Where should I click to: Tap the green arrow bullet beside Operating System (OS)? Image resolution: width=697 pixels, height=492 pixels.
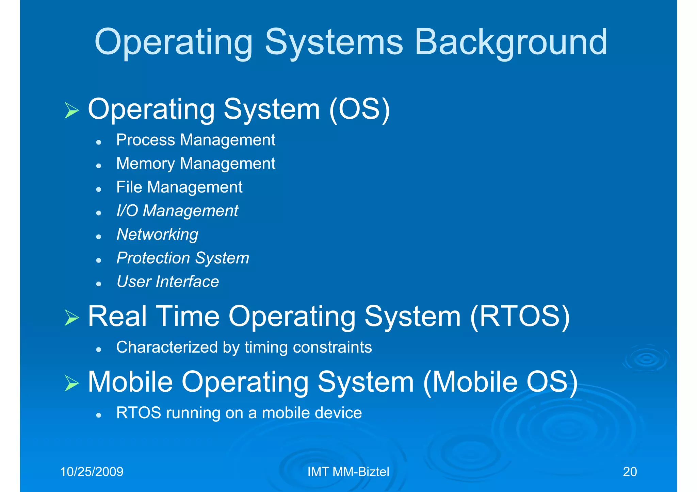(71, 111)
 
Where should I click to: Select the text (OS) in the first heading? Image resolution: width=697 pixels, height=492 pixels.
(359, 109)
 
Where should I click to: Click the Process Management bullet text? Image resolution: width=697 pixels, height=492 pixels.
(196, 140)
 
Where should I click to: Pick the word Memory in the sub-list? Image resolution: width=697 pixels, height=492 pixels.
(145, 164)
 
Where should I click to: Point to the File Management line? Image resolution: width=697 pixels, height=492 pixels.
(179, 187)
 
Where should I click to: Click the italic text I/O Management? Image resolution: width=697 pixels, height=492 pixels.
(177, 211)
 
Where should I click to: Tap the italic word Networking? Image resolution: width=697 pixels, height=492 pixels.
(157, 235)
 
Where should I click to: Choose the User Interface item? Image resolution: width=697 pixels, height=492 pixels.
(168, 282)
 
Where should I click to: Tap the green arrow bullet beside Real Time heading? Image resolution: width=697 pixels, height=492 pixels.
(71, 318)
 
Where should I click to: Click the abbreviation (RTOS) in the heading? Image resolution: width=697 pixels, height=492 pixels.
(520, 317)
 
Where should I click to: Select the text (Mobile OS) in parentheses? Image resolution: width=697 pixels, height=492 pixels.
(500, 382)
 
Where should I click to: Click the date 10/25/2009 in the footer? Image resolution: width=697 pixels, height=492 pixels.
(92, 472)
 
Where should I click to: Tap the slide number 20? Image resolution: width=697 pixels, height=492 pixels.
(630, 472)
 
